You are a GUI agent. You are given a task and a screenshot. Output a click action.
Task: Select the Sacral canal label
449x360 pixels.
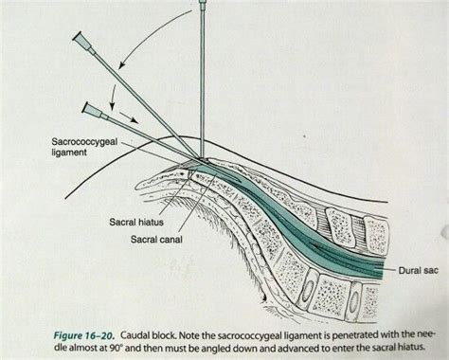coord(158,239)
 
